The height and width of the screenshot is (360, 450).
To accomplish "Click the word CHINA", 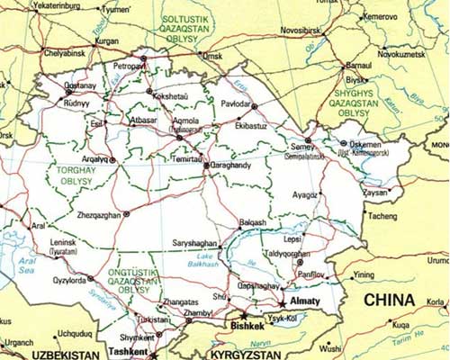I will [x=390, y=300].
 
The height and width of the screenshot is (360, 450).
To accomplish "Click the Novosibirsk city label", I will [x=305, y=30].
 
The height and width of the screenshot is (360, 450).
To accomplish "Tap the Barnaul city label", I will [x=357, y=66].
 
